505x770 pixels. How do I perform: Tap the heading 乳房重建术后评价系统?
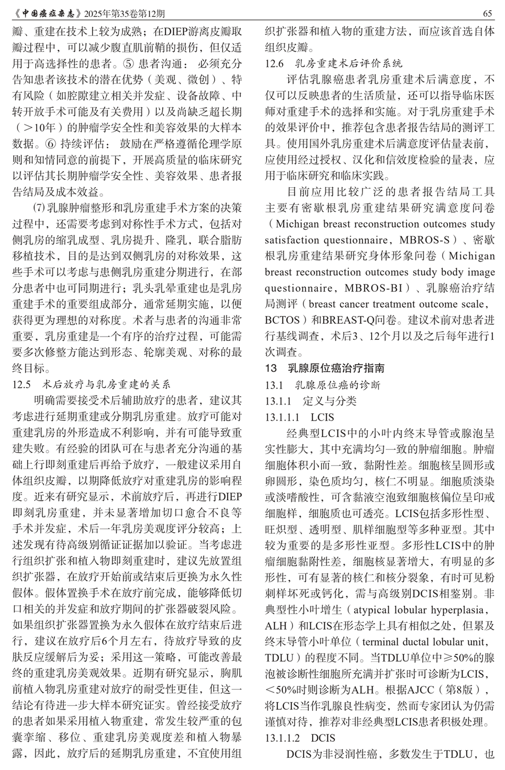[x=348, y=64]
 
